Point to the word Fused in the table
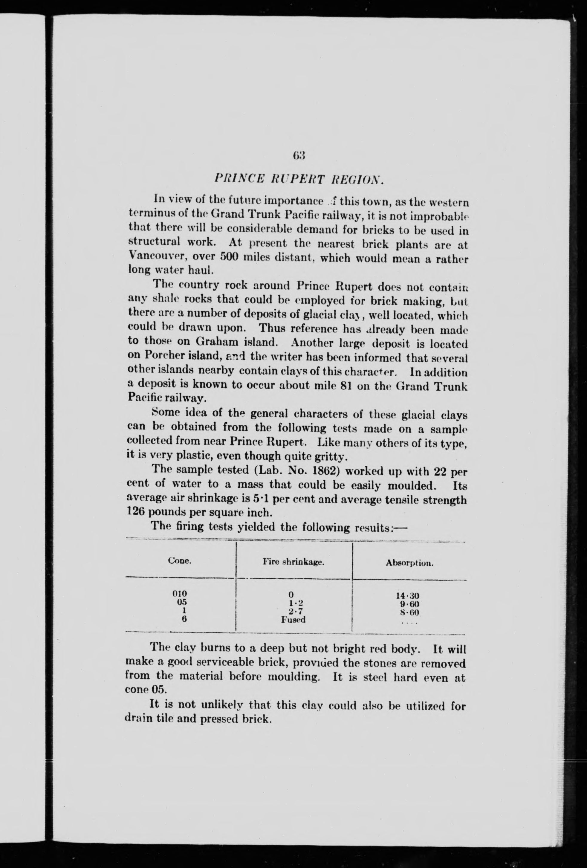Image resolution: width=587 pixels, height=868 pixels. [293, 620]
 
